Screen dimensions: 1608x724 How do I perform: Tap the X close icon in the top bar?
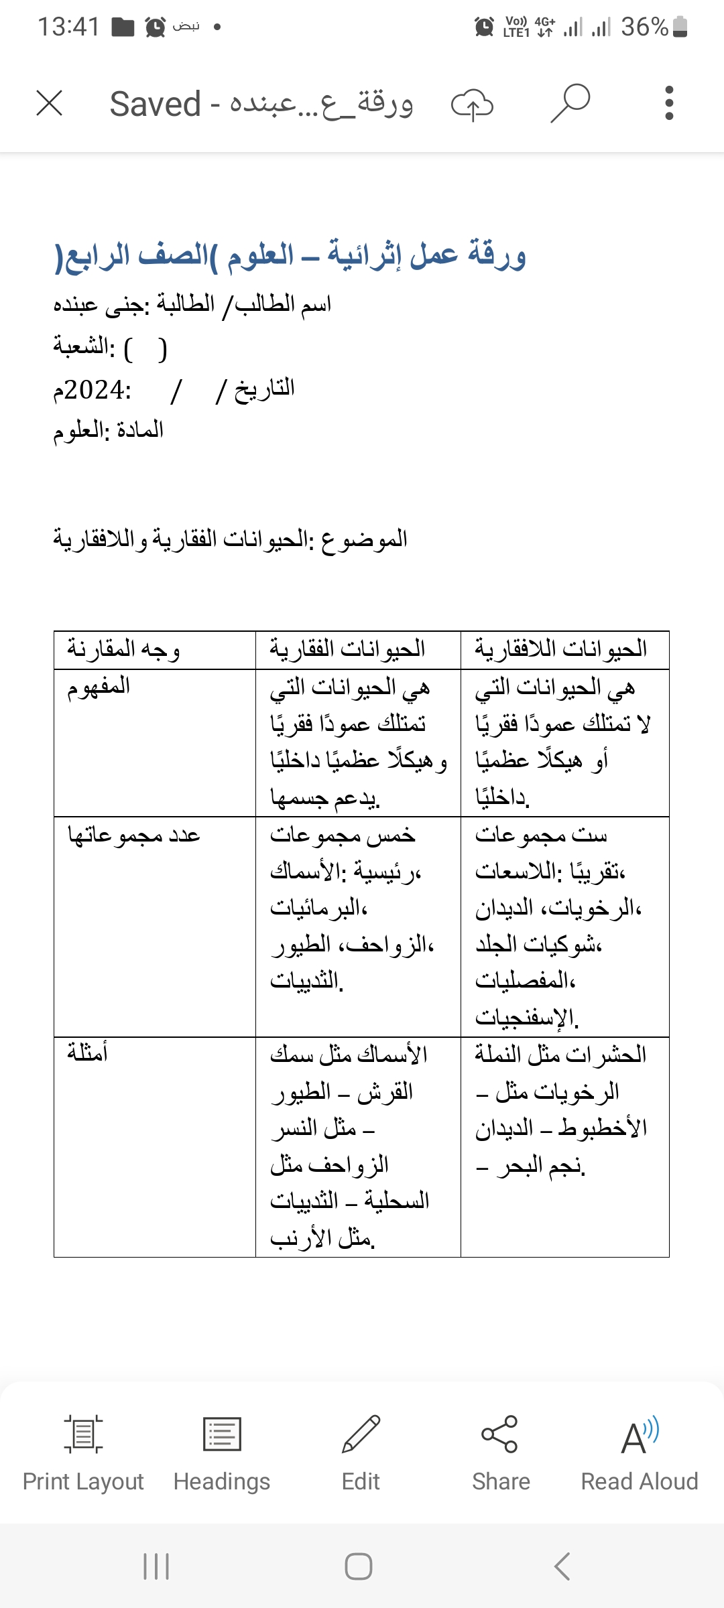pos(50,104)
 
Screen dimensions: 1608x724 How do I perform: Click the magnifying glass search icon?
pos(570,103)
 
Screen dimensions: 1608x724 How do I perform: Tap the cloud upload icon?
pos(472,105)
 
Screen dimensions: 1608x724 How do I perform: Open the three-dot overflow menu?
pos(668,103)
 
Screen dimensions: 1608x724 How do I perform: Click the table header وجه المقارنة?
pos(123,649)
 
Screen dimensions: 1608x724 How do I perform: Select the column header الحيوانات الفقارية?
pos(347,649)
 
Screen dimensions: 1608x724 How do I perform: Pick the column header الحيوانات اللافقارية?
pos(561,649)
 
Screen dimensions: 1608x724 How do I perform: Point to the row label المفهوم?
pos(99,686)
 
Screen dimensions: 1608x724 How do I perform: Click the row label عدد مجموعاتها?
pos(134,835)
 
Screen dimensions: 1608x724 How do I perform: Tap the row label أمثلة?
pos(88,1053)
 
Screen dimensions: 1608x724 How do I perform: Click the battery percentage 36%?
pos(644,27)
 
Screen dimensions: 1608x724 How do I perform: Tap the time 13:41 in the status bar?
pos(68,27)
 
